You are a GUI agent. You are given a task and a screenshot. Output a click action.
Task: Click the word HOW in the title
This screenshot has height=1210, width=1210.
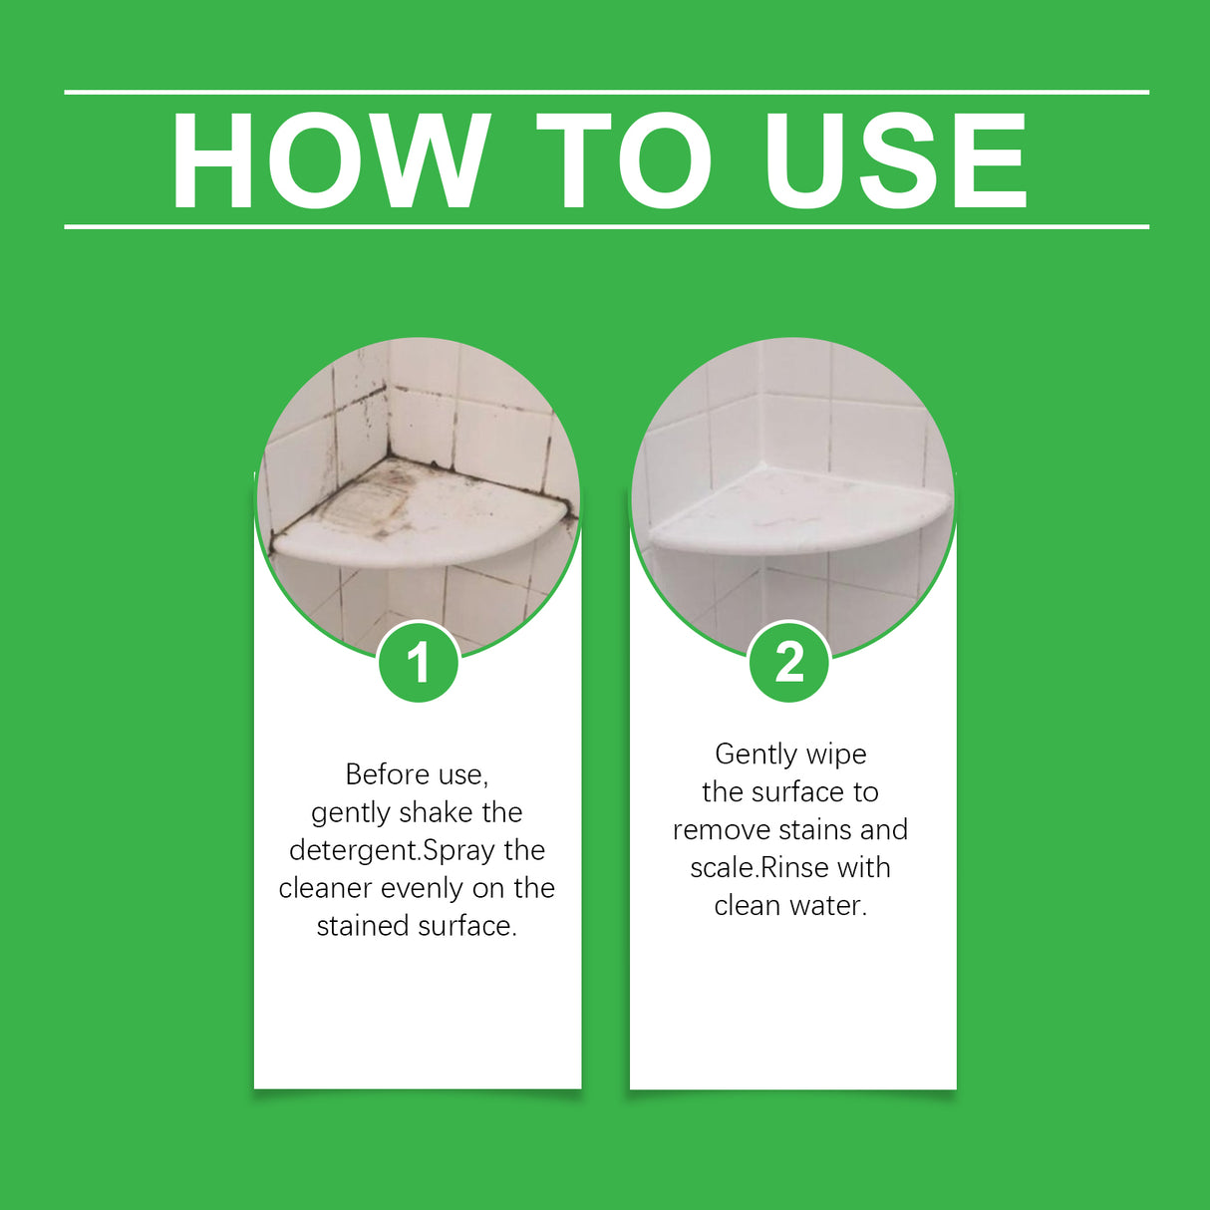pyautogui.click(x=330, y=161)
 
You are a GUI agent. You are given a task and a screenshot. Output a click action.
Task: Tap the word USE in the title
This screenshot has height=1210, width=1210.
pyautogui.click(x=894, y=161)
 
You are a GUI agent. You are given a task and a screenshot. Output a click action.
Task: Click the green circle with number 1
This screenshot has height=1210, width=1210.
pyautogui.click(x=419, y=662)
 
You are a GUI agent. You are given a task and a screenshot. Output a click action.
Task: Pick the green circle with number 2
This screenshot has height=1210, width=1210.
pyautogui.click(x=789, y=662)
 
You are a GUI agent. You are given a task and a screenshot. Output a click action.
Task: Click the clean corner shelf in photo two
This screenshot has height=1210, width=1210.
pyautogui.click(x=797, y=513)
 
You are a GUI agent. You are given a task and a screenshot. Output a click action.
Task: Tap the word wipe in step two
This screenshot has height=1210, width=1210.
pyautogui.click(x=836, y=755)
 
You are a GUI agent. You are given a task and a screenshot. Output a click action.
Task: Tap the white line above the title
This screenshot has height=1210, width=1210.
pyautogui.click(x=606, y=92)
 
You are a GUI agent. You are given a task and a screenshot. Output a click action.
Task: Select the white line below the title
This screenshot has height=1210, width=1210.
pyautogui.click(x=606, y=227)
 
